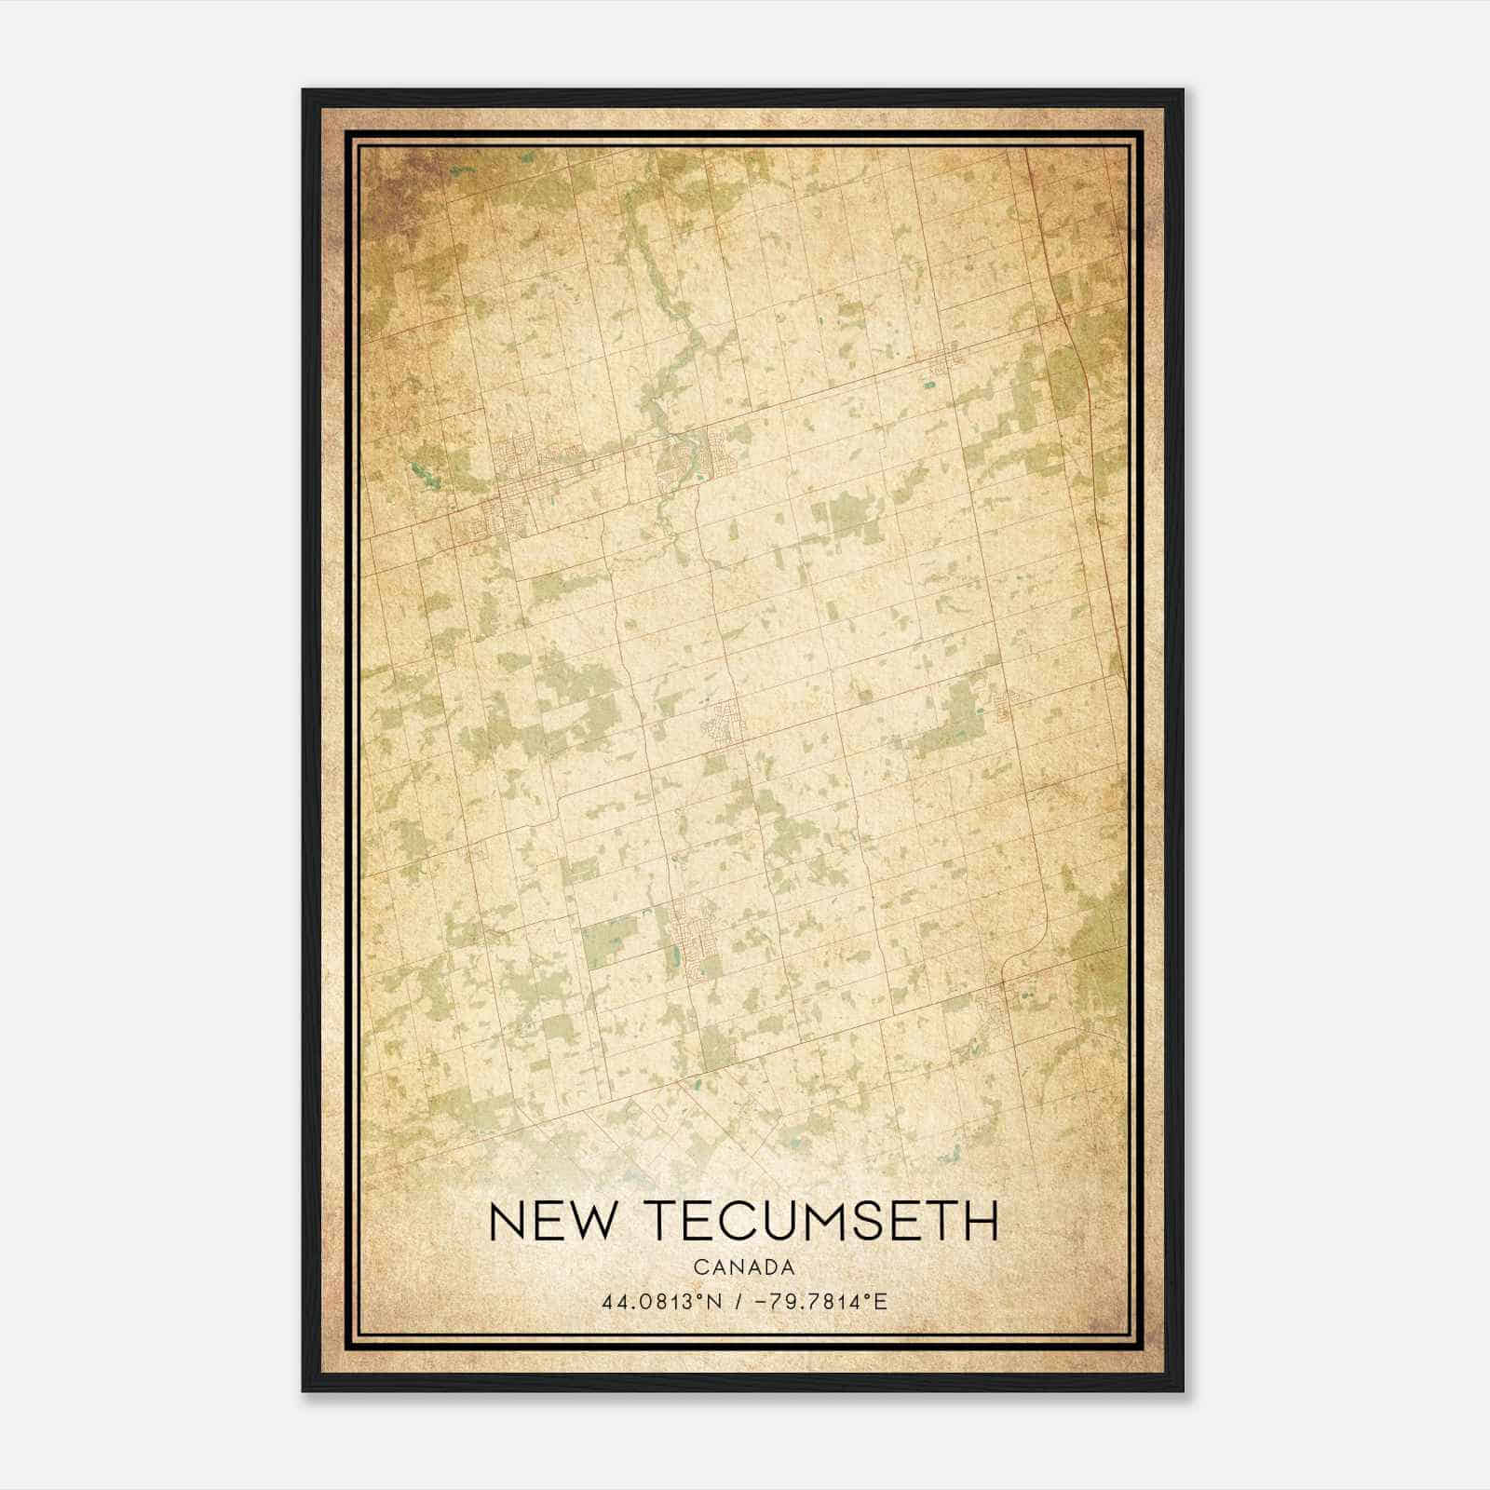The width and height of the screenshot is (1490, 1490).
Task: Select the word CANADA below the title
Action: pyautogui.click(x=744, y=1267)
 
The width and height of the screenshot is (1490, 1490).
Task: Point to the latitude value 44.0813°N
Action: pyautogui.click(x=662, y=1301)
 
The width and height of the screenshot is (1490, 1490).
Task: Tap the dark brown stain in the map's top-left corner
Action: pyautogui.click(x=396, y=177)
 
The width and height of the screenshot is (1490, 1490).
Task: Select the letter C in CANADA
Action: pyautogui.click(x=699, y=1267)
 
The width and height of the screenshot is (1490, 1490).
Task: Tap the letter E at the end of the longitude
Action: pyautogui.click(x=881, y=1301)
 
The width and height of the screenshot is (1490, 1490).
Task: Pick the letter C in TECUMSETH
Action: pyautogui.click(x=757, y=1221)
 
